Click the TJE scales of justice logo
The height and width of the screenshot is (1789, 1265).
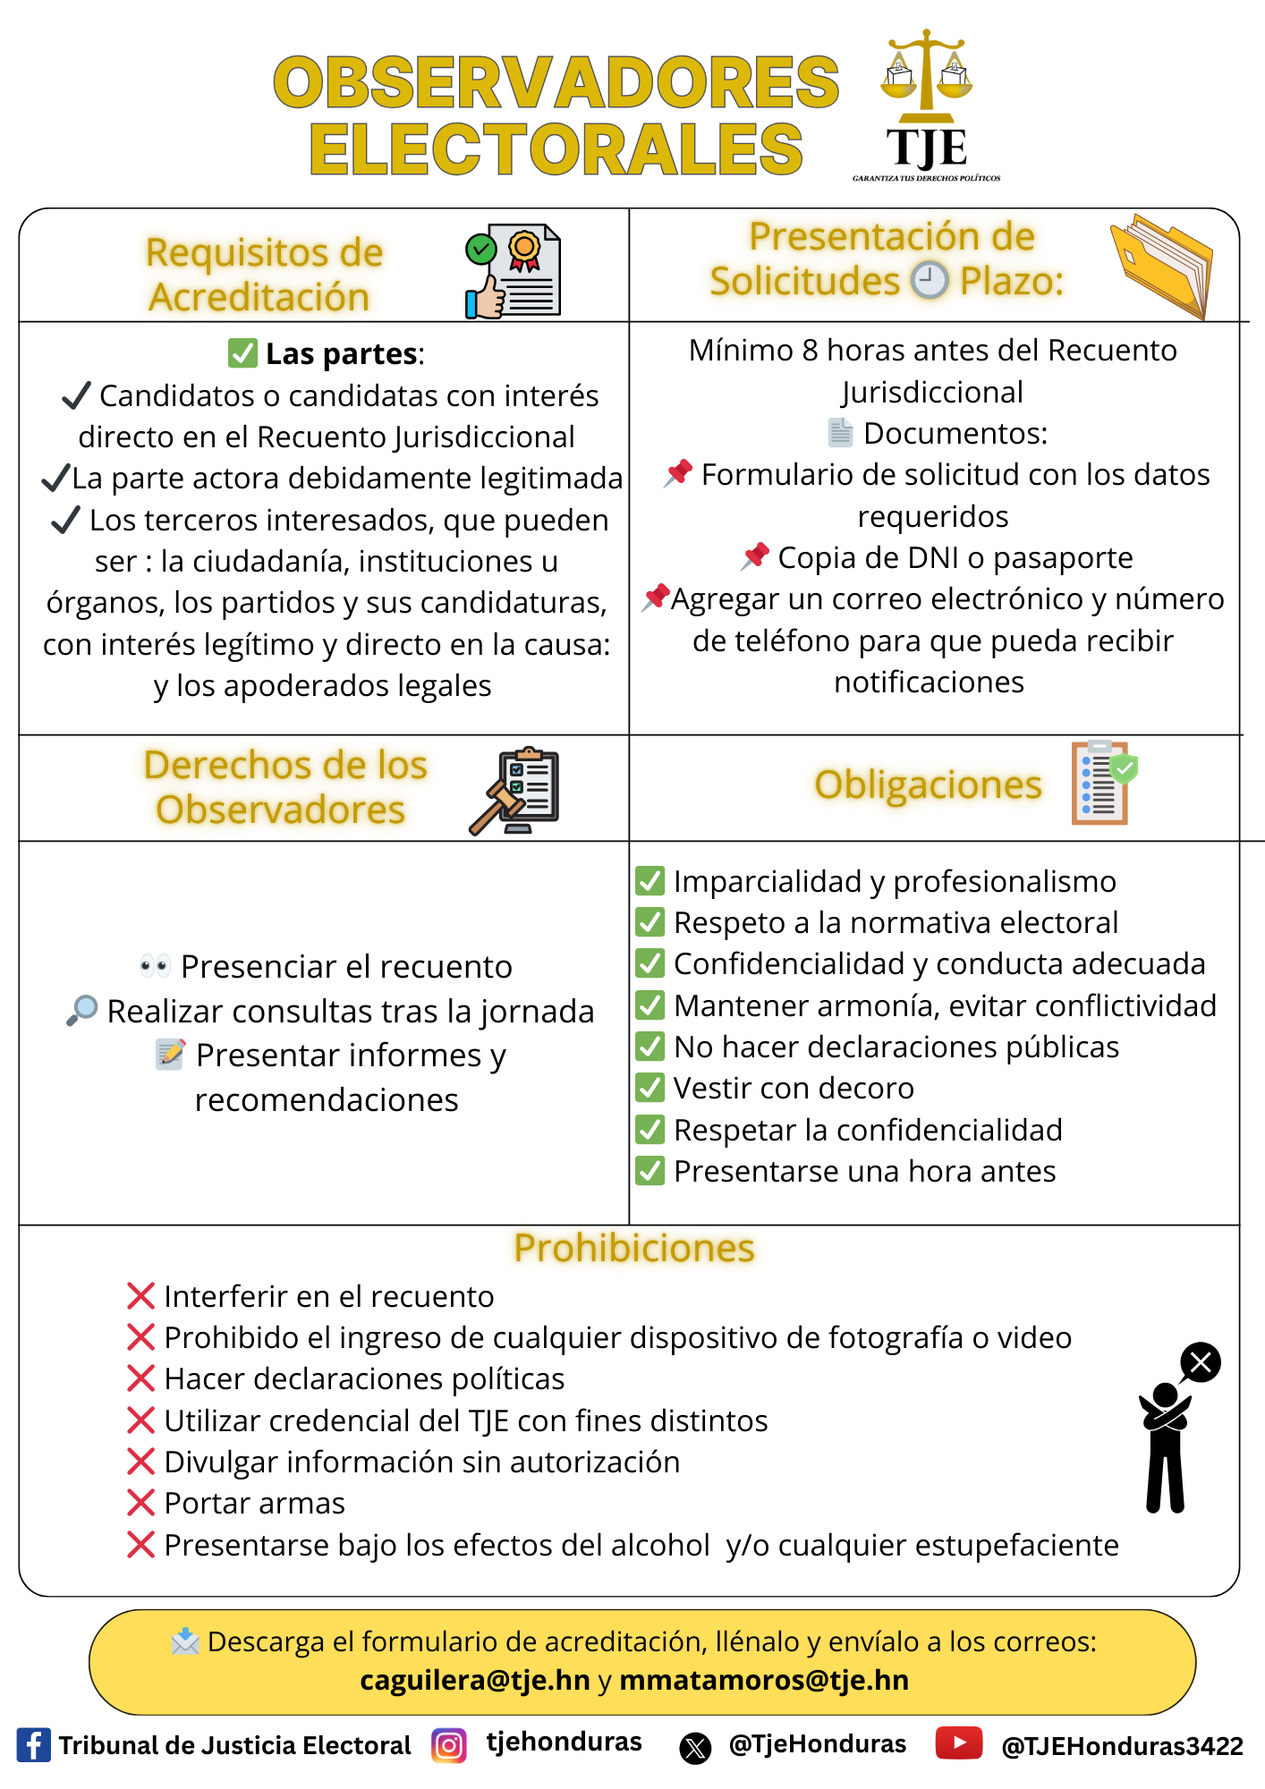click(926, 103)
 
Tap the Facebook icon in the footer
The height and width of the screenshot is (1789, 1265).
click(34, 1745)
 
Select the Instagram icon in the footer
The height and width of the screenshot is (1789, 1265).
click(449, 1745)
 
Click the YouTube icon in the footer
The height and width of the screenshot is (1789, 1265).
click(959, 1742)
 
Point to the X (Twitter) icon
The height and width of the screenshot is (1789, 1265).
click(695, 1747)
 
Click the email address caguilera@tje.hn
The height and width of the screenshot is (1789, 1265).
click(474, 1681)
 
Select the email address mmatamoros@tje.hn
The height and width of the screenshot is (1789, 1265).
click(764, 1681)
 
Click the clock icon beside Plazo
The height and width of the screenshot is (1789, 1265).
click(930, 280)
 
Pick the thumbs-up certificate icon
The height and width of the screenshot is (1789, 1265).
click(513, 272)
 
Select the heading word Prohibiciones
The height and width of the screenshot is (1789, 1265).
click(633, 1248)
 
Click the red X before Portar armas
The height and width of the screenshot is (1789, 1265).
click(141, 1503)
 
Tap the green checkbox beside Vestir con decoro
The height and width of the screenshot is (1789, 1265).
click(649, 1088)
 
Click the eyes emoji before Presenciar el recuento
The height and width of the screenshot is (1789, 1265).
click(155, 966)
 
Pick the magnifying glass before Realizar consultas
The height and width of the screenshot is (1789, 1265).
click(82, 1010)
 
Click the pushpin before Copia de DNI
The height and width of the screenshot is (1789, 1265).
click(756, 555)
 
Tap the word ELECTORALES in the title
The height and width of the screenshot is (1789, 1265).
click(556, 149)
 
